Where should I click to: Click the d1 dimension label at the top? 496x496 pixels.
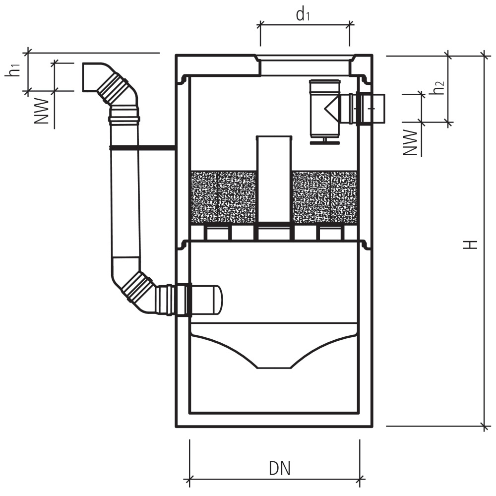click(x=303, y=15)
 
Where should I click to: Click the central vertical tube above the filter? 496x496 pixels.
click(x=274, y=179)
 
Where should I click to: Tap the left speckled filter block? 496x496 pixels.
click(x=223, y=197)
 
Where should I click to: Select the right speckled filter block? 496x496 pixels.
click(x=325, y=197)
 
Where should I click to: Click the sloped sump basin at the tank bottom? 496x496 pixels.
click(x=274, y=347)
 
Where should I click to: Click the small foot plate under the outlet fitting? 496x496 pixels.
click(x=324, y=142)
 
